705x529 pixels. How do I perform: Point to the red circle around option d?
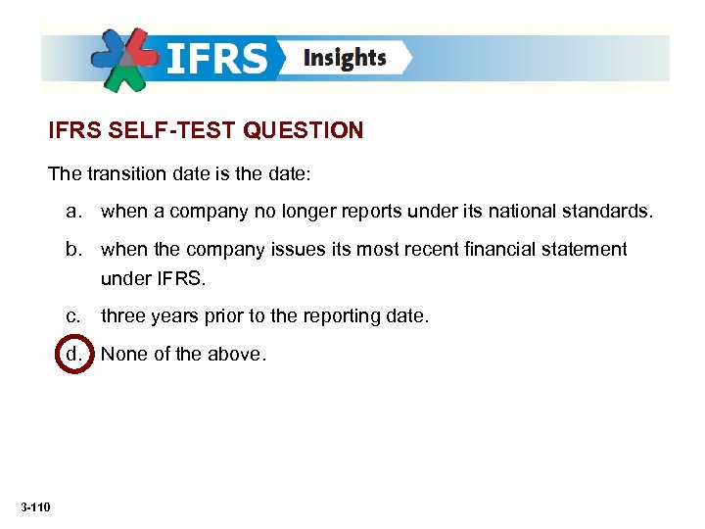click(73, 354)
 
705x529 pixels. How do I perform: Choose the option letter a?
click(73, 210)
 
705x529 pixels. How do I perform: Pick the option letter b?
click(73, 249)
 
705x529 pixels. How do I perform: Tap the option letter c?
click(73, 316)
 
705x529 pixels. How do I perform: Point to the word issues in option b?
click(297, 249)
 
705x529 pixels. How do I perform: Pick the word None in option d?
click(124, 354)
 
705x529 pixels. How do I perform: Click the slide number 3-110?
click(35, 505)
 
